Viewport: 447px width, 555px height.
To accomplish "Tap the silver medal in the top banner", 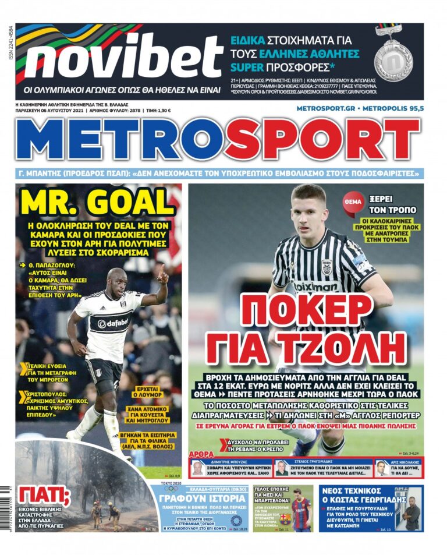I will (x=393, y=59).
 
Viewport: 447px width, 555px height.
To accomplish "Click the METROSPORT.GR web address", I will (x=325, y=109).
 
